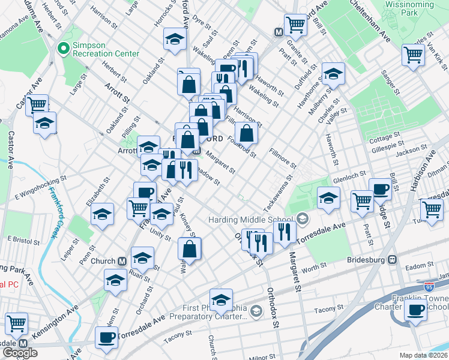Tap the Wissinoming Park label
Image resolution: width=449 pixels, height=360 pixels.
pyautogui.click(x=409, y=7)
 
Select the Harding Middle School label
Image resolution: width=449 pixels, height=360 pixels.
pyautogui.click(x=251, y=220)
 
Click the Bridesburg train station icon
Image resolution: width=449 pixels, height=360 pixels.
pyautogui.click(x=393, y=260)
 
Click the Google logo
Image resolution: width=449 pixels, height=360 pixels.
pyautogui.click(x=19, y=353)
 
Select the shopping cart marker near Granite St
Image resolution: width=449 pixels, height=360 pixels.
pyautogui.click(x=295, y=25)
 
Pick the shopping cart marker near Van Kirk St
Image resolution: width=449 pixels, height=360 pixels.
pyautogui.click(x=414, y=55)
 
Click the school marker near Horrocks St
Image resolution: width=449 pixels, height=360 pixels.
pyautogui.click(x=175, y=40)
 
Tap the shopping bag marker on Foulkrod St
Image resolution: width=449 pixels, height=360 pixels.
pyautogui.click(x=246, y=132)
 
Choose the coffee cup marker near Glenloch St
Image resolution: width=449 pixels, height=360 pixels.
pyautogui.click(x=380, y=189)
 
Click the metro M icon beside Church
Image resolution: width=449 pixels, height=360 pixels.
pyautogui.click(x=122, y=262)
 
